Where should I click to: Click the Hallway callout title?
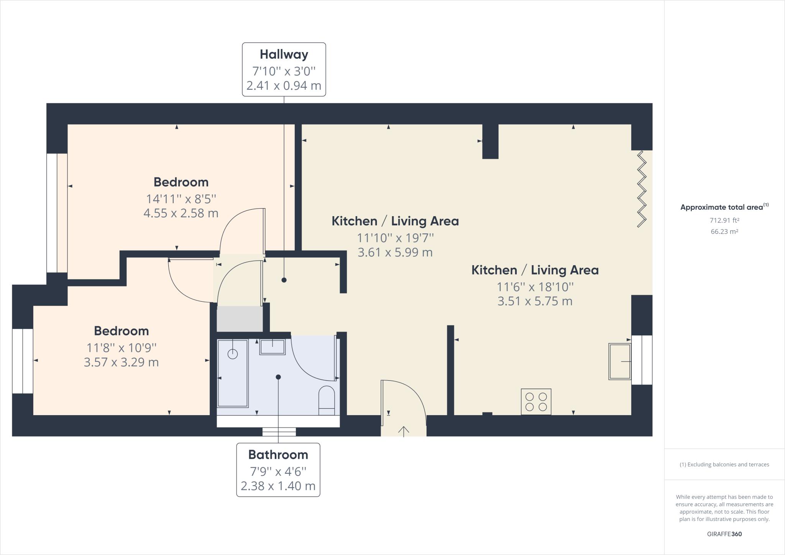284,54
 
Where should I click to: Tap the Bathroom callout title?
278,455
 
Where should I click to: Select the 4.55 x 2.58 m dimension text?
181,213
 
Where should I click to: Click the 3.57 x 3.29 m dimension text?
121,362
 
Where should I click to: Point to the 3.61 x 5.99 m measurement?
395,252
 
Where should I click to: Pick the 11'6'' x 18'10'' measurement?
535,287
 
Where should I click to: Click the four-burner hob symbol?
536,402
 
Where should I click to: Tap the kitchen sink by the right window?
619,361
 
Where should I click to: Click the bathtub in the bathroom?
233,373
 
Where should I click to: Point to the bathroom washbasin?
272,347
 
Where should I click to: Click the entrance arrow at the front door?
403,431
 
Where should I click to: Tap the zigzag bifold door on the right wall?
642,189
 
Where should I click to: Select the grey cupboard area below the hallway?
240,319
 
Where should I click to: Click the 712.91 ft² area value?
724,220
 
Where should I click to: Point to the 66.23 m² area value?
724,232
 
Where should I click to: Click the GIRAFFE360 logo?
724,534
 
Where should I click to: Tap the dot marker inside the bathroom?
278,377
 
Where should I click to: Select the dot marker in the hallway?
284,280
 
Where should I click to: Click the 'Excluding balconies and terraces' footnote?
724,465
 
